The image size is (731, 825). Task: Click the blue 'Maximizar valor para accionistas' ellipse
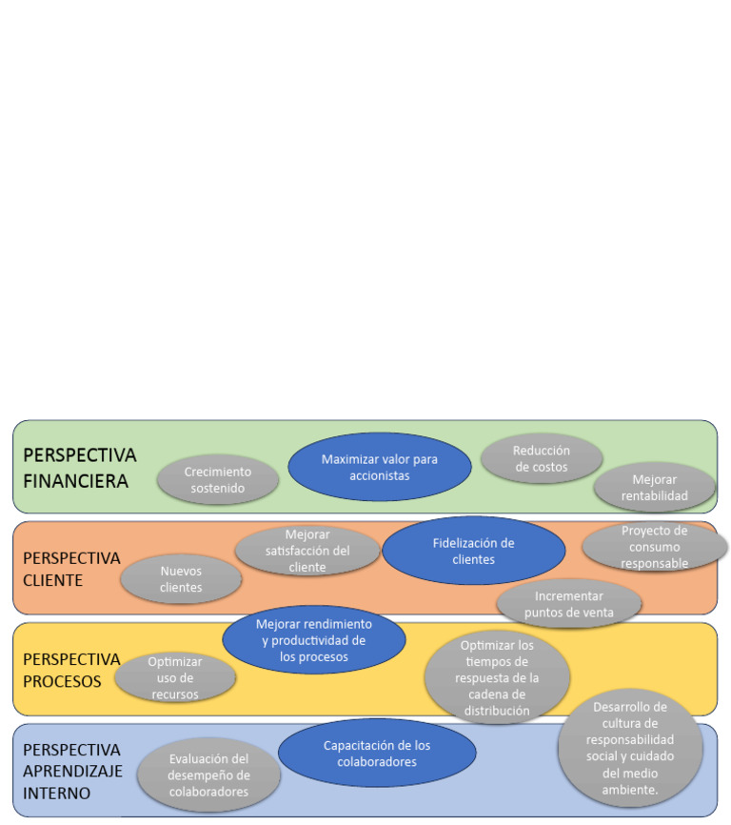click(380, 466)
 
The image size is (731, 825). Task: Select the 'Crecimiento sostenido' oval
click(217, 479)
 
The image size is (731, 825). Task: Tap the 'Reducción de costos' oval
click(541, 458)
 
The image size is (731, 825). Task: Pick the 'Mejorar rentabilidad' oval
click(654, 487)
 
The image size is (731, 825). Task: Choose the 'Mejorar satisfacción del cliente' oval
click(306, 551)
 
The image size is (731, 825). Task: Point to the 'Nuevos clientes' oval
click(181, 579)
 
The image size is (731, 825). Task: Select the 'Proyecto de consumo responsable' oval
click(654, 547)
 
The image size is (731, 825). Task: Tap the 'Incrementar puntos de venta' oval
click(568, 604)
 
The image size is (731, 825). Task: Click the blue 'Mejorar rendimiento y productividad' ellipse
click(313, 639)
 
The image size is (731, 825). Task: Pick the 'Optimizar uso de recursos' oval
click(175, 677)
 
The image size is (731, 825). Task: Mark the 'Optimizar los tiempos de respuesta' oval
click(496, 676)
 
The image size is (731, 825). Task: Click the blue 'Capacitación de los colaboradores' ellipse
click(377, 753)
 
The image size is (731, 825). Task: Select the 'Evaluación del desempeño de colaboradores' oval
click(208, 775)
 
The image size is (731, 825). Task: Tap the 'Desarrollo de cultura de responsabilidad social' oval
click(629, 748)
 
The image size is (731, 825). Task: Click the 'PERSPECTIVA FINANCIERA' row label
click(79, 468)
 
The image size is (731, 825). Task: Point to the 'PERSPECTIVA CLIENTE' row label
click(71, 569)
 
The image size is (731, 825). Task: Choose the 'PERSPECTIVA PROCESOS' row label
click(71, 670)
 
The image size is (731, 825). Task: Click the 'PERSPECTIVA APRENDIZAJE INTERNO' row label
click(72, 771)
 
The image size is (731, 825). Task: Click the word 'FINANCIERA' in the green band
click(75, 481)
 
